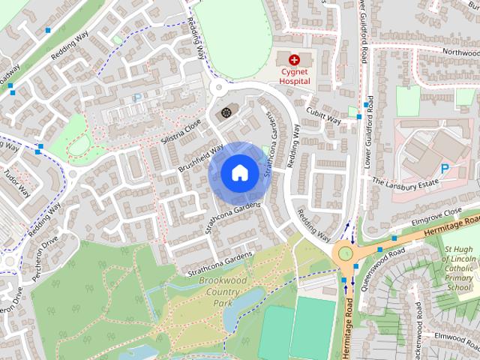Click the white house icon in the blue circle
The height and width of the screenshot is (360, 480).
[x=238, y=173]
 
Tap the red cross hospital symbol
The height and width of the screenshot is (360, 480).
[x=293, y=58]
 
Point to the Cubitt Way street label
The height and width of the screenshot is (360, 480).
[x=323, y=115]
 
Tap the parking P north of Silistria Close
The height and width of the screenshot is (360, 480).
[x=136, y=97]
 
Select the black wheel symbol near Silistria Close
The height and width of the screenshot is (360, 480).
[x=223, y=114]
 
